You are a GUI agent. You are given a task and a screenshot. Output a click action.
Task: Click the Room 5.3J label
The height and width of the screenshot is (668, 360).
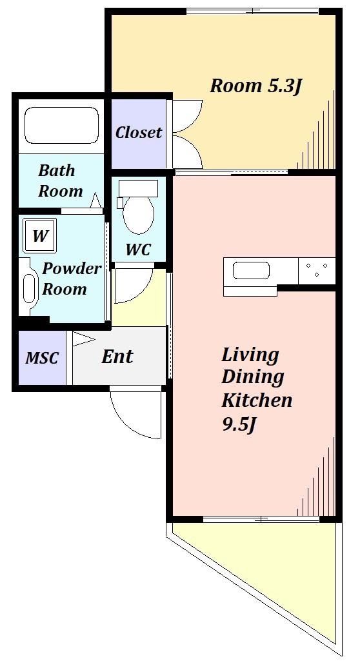[256, 86]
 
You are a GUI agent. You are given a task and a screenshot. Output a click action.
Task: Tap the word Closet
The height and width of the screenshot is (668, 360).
[139, 132]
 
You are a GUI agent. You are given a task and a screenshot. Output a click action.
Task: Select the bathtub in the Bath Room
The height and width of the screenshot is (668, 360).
[62, 125]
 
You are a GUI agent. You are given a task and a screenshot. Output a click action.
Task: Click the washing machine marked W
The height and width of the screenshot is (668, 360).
[39, 235]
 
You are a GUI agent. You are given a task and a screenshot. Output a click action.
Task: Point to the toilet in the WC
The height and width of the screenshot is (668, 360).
[137, 206]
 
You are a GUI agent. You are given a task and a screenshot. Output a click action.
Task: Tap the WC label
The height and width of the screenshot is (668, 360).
[139, 250]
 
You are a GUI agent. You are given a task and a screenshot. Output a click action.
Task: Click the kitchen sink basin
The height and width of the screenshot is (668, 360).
[252, 271]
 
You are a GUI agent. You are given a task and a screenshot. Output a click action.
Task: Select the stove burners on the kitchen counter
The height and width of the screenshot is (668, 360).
[317, 270]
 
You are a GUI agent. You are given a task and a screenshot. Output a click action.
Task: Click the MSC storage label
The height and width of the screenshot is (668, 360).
[42, 358]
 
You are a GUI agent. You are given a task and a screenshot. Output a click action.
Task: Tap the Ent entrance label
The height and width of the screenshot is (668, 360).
[117, 356]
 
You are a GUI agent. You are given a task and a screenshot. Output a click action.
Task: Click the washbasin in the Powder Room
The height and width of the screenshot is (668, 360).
[28, 288]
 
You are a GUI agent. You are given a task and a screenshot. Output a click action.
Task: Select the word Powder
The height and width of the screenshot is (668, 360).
[72, 270]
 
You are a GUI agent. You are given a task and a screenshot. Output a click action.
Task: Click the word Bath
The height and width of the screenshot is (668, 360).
[57, 171]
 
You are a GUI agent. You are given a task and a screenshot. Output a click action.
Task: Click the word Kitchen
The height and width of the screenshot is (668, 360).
[257, 400]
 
